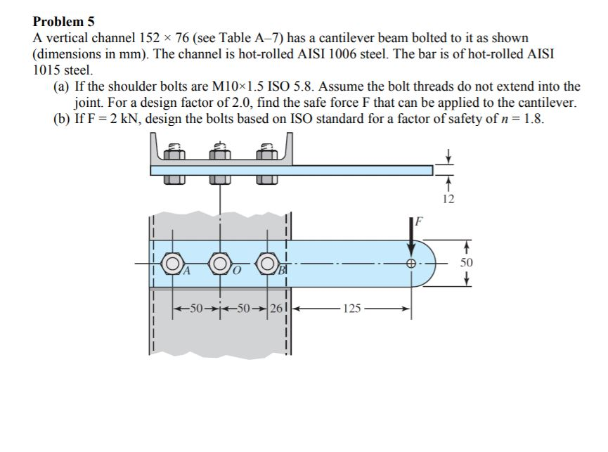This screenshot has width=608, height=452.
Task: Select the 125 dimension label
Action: click(351, 307)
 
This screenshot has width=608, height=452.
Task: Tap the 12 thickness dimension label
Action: click(450, 199)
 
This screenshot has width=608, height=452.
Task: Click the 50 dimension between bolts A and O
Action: click(196, 307)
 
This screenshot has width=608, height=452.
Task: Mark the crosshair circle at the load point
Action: click(411, 264)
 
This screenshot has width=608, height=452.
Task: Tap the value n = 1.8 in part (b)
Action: click(524, 117)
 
